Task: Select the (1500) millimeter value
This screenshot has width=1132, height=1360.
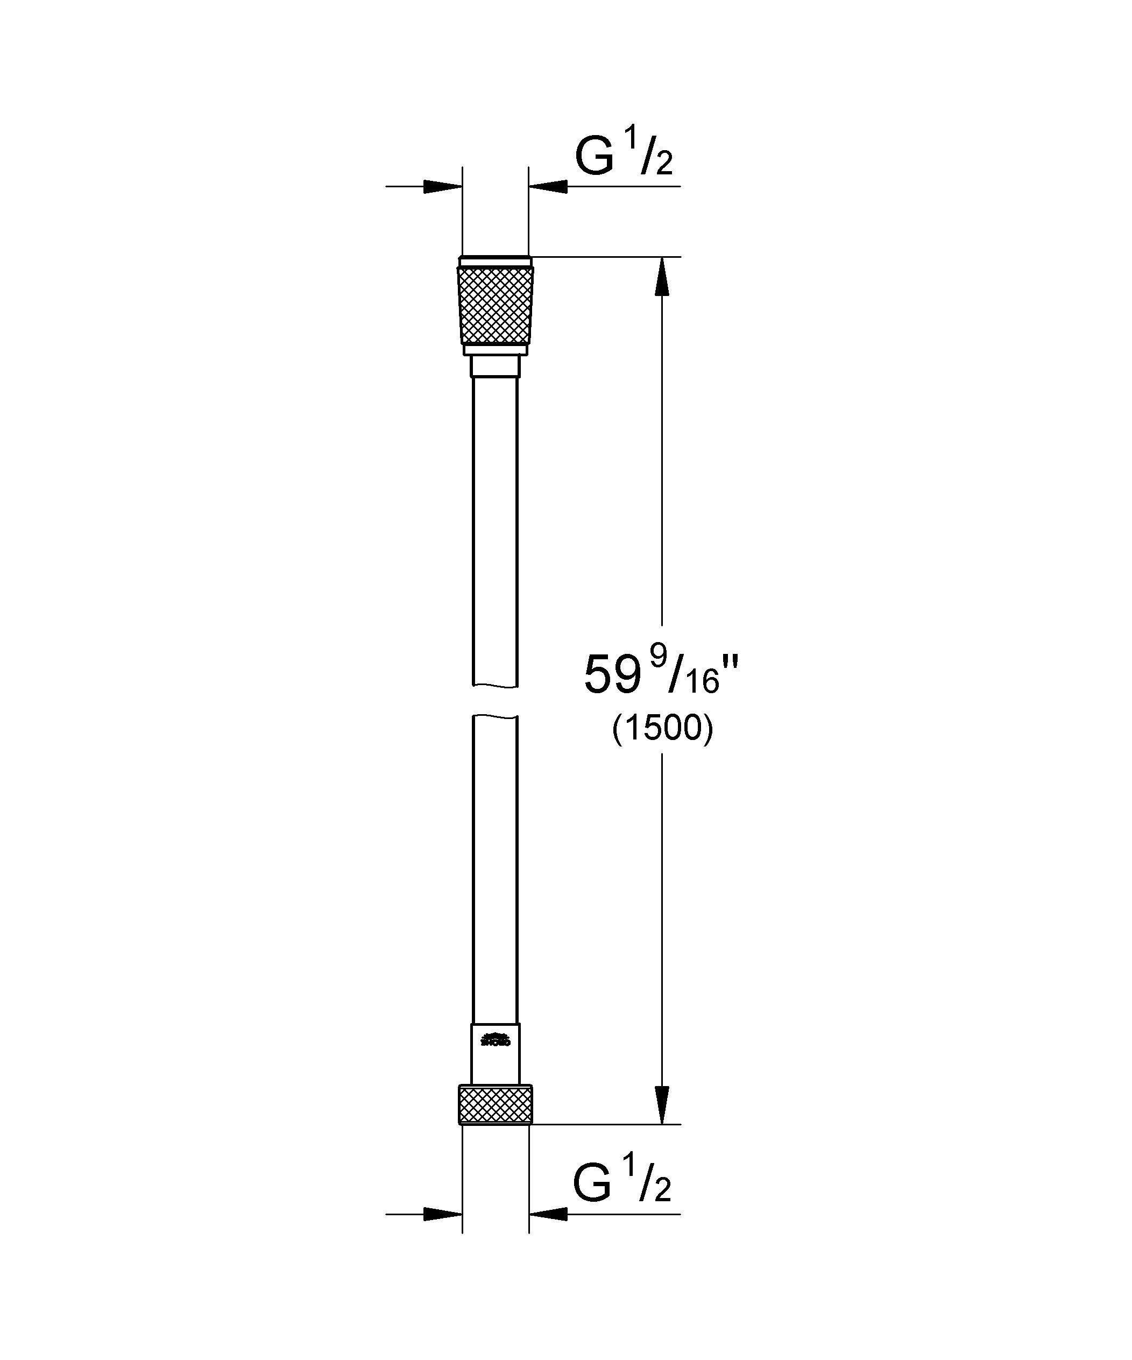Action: click(x=662, y=729)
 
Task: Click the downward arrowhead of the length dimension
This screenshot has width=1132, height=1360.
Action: click(x=661, y=1104)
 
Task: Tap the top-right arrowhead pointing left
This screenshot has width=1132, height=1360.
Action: click(x=549, y=187)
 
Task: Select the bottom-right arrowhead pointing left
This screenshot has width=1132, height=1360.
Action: click(x=549, y=1214)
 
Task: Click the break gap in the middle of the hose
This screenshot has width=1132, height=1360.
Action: click(x=496, y=701)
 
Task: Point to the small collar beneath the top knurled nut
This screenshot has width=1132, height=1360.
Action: click(x=496, y=366)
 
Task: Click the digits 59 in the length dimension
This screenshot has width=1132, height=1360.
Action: click(x=607, y=675)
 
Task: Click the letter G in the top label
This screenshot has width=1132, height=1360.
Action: click(x=594, y=159)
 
